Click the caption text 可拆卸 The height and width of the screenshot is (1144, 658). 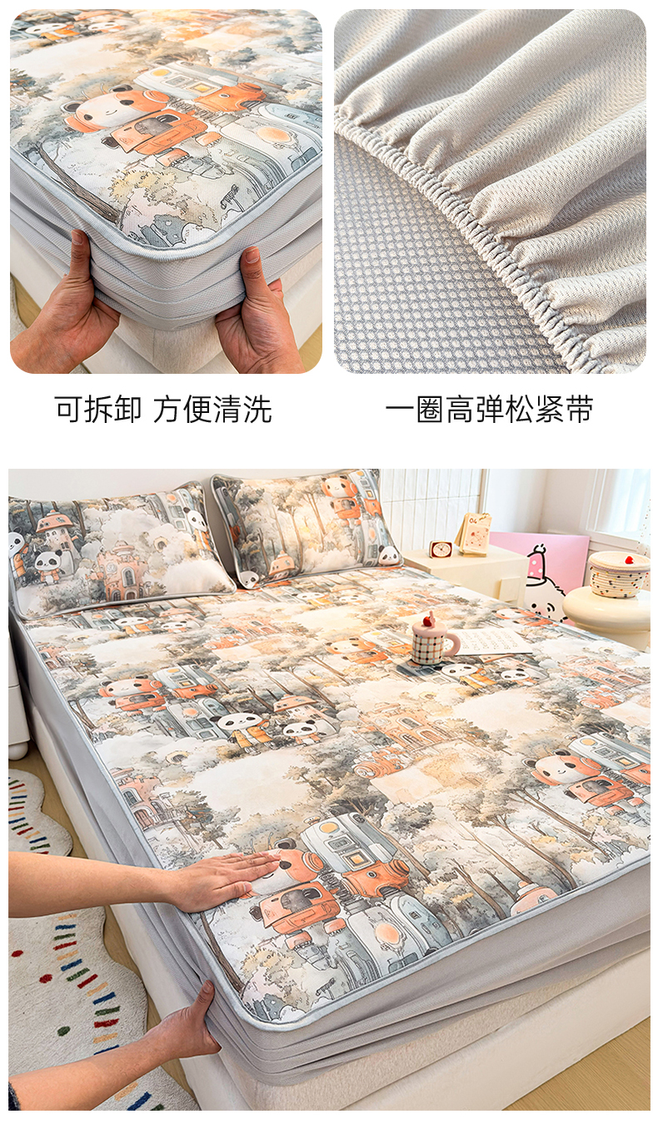(98, 409)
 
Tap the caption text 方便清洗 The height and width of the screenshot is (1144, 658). (212, 409)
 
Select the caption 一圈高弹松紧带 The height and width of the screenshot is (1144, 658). (489, 409)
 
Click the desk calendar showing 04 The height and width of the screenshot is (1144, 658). (473, 534)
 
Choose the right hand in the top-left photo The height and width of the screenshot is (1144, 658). (249, 311)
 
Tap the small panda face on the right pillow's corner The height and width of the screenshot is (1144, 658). (250, 578)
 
